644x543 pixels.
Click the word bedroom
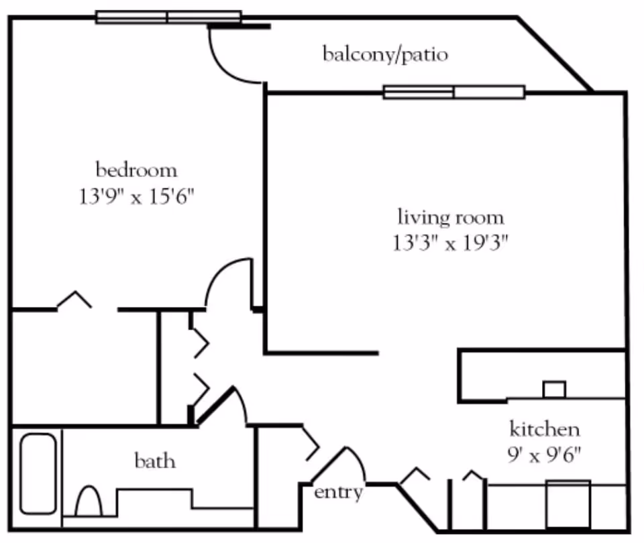[x=136, y=170]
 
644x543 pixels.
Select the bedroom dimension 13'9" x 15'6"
[x=136, y=198]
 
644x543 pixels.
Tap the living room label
[x=451, y=218]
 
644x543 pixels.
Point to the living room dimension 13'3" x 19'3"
[x=451, y=243]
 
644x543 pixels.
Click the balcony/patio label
[x=385, y=54]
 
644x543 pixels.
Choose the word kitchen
[x=545, y=429]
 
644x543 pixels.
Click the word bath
[x=155, y=461]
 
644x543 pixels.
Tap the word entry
[x=339, y=493]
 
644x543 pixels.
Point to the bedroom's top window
[x=168, y=17]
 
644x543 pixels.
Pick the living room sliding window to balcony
[x=454, y=92]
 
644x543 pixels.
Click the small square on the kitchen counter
[x=554, y=389]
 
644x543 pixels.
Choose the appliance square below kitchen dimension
[x=568, y=503]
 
